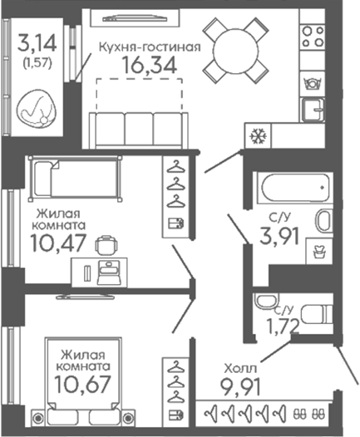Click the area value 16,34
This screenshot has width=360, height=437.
(150, 66)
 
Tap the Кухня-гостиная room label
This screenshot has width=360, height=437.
(150, 47)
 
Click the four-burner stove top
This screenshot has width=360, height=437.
(313, 36)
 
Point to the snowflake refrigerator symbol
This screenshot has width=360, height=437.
(259, 136)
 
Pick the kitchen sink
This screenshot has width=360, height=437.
(314, 110)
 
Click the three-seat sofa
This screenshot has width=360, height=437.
(139, 130)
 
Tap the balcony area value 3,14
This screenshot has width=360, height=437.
(37, 43)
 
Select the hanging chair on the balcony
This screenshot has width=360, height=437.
(37, 108)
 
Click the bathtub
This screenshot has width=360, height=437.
(295, 188)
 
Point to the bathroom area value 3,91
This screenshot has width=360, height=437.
(279, 236)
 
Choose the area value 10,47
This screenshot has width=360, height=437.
(57, 243)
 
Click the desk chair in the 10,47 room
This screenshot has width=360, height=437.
(106, 245)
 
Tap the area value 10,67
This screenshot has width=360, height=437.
(82, 385)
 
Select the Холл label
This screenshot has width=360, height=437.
(240, 369)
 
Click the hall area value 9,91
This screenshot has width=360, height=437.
(240, 387)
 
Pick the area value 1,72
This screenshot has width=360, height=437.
(284, 327)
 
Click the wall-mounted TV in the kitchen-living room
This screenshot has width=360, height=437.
(135, 18)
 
